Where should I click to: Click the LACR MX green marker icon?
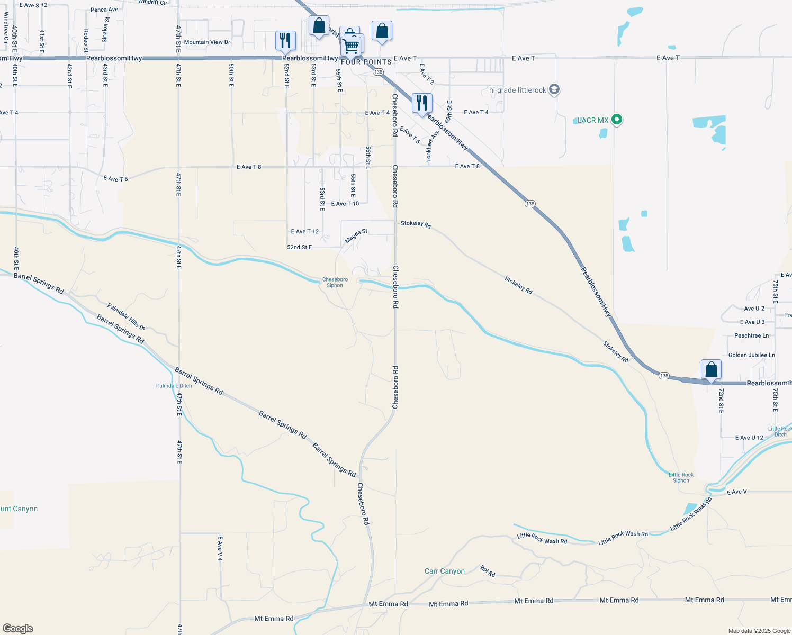point(616,120)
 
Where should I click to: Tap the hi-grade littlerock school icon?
point(554,89)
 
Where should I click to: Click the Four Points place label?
point(366,62)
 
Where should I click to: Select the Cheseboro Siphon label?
point(335,283)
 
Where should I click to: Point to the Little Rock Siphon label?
point(681,477)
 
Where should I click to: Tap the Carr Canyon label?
point(445,571)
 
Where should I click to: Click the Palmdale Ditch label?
point(174,386)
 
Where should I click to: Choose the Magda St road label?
point(356,236)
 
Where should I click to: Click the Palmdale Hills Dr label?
point(126,316)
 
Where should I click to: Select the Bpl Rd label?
point(488,571)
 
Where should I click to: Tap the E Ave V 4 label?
point(220,549)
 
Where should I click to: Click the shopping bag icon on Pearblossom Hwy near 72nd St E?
point(711,369)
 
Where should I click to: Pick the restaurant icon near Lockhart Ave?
point(421,103)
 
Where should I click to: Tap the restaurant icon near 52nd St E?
point(285,40)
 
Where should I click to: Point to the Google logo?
point(17,628)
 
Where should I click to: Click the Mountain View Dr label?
point(207,42)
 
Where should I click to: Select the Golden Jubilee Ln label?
point(751,355)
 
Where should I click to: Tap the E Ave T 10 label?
point(345,204)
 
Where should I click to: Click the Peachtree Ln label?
point(751,335)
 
